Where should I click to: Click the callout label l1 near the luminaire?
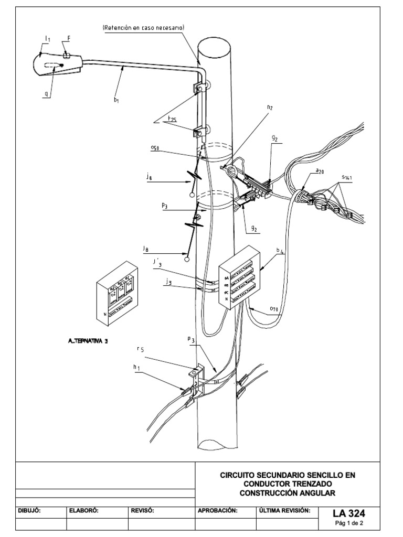click(47, 38)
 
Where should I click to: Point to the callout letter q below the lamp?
click(47, 94)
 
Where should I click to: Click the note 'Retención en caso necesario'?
click(144, 27)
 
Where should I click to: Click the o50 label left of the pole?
click(154, 148)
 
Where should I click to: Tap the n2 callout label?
click(270, 108)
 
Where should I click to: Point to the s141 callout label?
click(347, 178)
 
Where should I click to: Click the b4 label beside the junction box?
click(281, 251)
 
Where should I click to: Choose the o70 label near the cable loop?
click(273, 309)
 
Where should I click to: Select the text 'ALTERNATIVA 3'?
click(88, 341)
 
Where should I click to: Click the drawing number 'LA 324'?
click(349, 512)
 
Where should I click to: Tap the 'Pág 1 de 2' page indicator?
click(349, 523)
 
